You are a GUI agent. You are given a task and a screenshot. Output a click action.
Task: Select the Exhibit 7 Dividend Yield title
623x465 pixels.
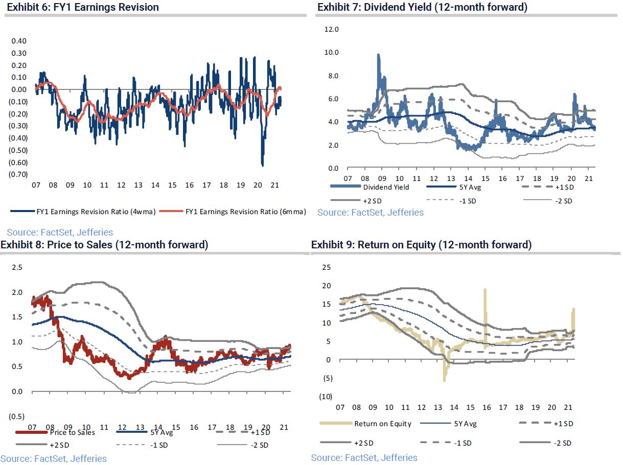[x=422, y=7]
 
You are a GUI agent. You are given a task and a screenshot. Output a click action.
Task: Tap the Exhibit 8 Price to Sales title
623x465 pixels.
[x=104, y=245]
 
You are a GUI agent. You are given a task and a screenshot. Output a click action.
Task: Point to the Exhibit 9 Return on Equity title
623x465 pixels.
[x=421, y=245]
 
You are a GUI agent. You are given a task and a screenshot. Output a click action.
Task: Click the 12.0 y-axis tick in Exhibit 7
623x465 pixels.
[x=332, y=29]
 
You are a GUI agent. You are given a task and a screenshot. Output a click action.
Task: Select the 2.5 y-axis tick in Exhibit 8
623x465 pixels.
[x=17, y=267]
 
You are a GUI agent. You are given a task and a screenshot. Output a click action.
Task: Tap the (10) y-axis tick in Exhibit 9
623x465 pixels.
[x=325, y=397]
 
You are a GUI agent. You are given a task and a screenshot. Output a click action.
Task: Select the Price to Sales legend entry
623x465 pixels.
[x=72, y=432]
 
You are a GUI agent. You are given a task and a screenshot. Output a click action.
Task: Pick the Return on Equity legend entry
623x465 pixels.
[x=383, y=424]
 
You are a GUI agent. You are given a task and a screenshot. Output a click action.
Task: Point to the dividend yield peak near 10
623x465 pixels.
[x=379, y=55]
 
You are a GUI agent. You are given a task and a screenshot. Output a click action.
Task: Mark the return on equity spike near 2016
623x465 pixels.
[x=484, y=290]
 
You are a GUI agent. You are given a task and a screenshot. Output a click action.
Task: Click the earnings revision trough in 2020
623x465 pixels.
[x=262, y=165]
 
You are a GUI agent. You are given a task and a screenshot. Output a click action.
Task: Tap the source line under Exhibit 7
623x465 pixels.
[x=370, y=212]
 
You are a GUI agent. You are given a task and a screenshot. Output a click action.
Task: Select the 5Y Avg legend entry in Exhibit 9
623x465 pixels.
[x=466, y=424]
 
